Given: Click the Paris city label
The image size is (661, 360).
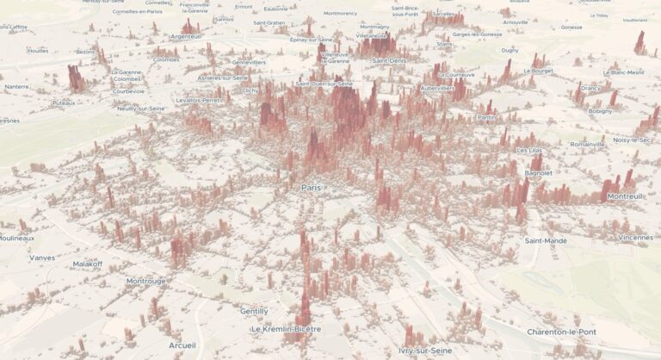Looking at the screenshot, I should [x=310, y=187].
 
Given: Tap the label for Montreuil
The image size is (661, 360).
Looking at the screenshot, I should [x=625, y=196].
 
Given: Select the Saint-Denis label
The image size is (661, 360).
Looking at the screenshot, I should [x=390, y=60].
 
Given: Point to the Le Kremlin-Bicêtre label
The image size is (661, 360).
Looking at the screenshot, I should [x=286, y=329].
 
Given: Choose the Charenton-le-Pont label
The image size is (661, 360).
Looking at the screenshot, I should [x=561, y=332].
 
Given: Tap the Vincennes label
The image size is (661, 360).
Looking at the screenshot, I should [x=636, y=237].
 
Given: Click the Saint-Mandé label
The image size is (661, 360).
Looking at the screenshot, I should [x=546, y=241].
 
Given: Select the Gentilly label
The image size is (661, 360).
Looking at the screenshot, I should [x=254, y=311].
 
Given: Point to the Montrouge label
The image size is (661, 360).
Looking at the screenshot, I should [x=145, y=281].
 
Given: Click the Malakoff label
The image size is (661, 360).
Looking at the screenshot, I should [x=87, y=264].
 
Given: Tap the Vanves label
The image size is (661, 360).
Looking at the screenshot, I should [x=41, y=258].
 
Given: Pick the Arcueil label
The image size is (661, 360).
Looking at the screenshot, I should [x=182, y=345].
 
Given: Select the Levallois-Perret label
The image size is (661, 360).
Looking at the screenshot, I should [x=198, y=100].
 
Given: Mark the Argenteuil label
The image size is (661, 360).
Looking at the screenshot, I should [x=185, y=36].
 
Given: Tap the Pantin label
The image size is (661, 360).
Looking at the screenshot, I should [x=486, y=117].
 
